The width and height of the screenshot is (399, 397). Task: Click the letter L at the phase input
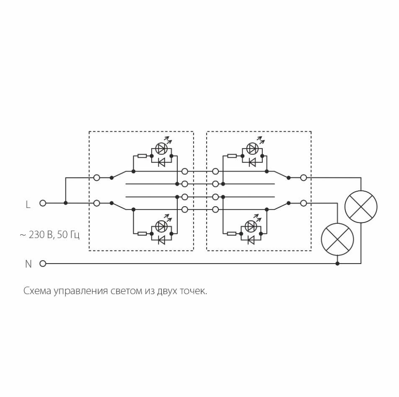tap(28, 205)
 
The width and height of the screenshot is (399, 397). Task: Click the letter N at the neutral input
tap(28, 264)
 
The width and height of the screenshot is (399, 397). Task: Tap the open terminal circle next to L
tap(42, 203)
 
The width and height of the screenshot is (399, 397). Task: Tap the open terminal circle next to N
tap(42, 264)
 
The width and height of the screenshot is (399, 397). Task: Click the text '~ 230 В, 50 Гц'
tap(49, 235)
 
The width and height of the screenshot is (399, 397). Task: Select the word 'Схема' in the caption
tap(37, 291)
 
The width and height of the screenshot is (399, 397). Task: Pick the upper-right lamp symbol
tap(360, 207)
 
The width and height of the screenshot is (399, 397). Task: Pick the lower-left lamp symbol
tap(337, 239)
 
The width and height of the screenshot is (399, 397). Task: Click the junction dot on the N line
tap(337, 264)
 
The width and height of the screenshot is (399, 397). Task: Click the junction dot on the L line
tap(66, 203)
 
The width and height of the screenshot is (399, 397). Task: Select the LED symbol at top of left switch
tap(161, 148)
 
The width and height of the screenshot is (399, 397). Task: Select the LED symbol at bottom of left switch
tap(161, 226)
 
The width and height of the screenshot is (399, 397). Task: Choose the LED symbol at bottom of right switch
tap(251, 226)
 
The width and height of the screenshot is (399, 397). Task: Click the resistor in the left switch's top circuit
tap(142, 156)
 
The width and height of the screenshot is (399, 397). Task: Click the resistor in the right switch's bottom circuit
tap(232, 233)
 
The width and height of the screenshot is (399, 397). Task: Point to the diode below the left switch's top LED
tap(161, 162)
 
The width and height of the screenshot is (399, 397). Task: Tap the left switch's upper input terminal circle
tap(96, 177)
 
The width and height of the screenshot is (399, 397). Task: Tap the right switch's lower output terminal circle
tap(303, 203)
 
